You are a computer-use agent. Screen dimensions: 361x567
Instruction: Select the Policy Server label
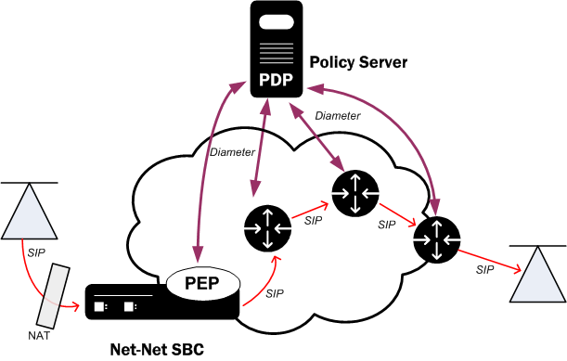[x=357, y=62]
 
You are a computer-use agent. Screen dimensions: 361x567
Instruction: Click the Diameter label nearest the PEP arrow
[x=231, y=151]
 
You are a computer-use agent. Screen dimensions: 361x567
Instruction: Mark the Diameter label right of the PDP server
[x=337, y=116]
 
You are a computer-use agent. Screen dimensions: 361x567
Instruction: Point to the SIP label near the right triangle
[x=484, y=269]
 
